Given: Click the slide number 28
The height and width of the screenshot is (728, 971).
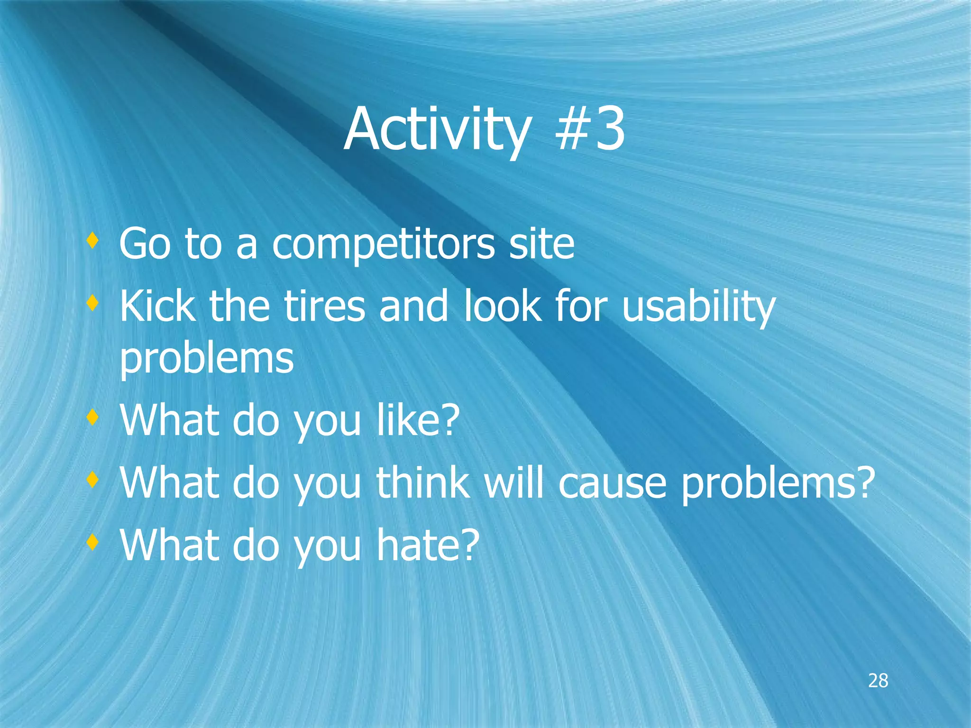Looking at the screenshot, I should pos(878,681).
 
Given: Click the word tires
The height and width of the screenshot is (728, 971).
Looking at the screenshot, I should pos(324,306).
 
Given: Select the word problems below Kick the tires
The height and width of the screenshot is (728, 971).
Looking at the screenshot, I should pos(206,359).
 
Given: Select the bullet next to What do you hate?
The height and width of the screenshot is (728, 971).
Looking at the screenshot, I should pos(93,541).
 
